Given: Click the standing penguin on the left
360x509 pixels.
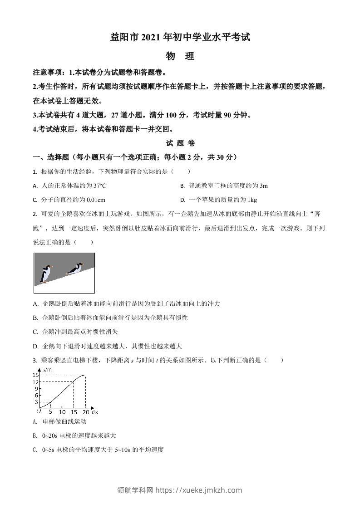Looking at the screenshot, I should [45, 274].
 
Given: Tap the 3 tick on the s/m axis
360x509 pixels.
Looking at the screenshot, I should [36, 402].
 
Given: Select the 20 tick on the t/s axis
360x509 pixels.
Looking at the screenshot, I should [85, 412].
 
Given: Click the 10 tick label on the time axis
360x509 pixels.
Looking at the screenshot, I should [62, 412].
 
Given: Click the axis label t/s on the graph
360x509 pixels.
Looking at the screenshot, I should [94, 412].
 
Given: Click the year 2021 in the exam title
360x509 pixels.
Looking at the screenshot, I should [144, 38].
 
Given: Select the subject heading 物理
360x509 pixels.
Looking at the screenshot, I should [180, 57].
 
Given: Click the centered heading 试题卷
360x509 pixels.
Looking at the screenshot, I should [180, 143].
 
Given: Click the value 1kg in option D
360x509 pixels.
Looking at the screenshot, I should [251, 200].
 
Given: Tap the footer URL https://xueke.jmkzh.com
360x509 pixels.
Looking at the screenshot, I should [199, 490].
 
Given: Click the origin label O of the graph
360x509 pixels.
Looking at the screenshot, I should [39, 411].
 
